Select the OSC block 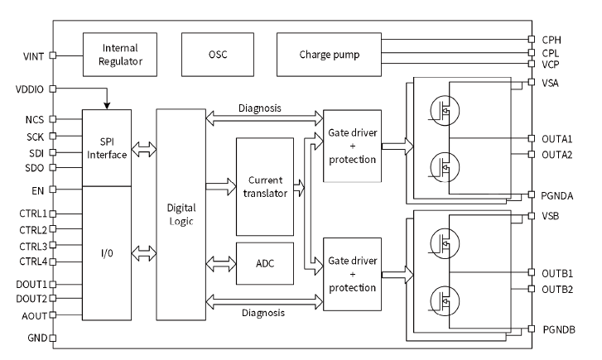click(x=219, y=55)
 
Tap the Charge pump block click(x=329, y=55)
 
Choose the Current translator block click(x=265, y=187)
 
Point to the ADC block click(x=265, y=264)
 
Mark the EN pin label click(x=37, y=190)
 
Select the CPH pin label click(x=552, y=39)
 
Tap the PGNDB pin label click(x=559, y=329)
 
